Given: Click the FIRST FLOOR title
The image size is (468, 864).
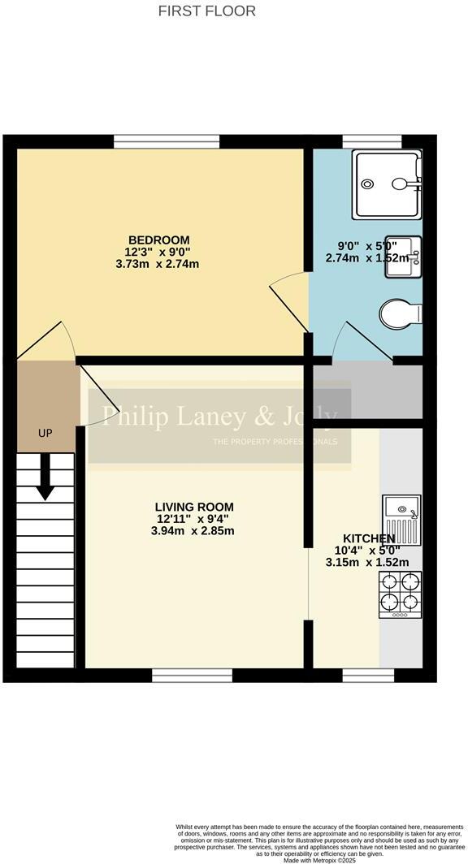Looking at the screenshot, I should [206, 11].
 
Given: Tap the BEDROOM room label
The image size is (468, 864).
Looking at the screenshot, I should [158, 240].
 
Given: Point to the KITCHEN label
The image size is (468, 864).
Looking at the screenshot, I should [368, 538].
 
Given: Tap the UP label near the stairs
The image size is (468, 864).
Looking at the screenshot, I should [45, 434].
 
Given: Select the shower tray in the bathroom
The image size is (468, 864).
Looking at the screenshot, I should [388, 184].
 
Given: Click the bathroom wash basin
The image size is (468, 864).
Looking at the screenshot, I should [402, 256].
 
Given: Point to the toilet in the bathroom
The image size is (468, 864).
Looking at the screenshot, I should [401, 313].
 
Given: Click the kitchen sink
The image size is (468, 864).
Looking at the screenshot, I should [400, 519].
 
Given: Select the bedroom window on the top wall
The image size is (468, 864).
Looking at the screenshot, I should [167, 142].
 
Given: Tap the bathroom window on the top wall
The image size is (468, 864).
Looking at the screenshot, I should [371, 142].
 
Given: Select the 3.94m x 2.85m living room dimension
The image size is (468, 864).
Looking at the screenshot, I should [194, 532].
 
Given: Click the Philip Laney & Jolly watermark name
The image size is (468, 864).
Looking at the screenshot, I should [218, 417].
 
